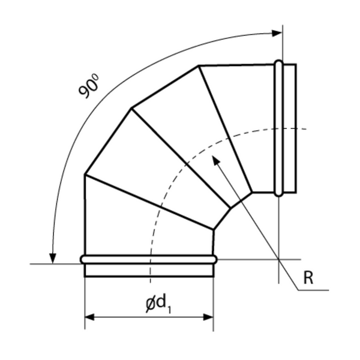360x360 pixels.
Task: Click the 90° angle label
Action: click(x=89, y=86)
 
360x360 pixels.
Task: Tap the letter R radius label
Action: click(x=308, y=278)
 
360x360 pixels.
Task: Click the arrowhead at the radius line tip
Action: click(x=215, y=160)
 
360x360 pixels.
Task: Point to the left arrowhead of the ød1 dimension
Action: click(x=89, y=317)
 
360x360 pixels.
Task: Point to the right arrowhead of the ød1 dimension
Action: click(x=209, y=317)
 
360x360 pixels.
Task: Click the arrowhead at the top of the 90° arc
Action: click(x=277, y=33)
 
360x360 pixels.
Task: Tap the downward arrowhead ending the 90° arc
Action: click(x=53, y=259)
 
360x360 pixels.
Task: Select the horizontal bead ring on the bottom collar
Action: click(x=149, y=259)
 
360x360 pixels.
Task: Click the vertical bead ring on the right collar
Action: click(x=279, y=128)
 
